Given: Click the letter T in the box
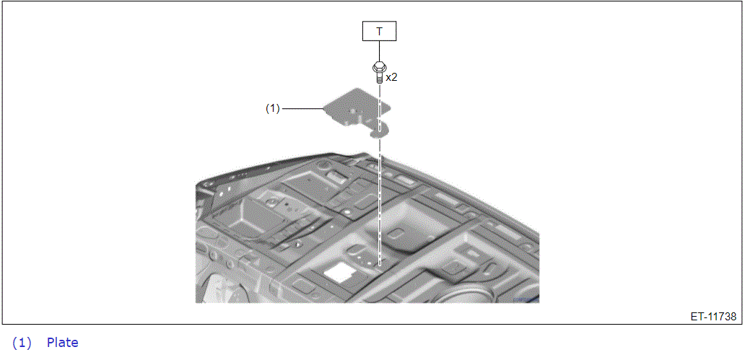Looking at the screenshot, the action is [379, 32].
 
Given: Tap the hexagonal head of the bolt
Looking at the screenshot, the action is [379, 66].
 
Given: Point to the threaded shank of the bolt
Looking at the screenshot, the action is [379, 76].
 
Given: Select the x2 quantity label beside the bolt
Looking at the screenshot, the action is [391, 78].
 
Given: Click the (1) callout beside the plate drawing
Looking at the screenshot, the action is [272, 109].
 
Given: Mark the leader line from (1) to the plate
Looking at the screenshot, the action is [302, 109].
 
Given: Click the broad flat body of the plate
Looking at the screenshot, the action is [354, 107].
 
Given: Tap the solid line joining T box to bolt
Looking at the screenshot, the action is [379, 51].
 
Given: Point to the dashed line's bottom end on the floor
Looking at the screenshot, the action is [379, 265].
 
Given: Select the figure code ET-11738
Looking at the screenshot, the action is [714, 316].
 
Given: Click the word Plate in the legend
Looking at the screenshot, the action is [63, 343].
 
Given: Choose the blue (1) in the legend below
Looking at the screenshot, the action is [22, 343].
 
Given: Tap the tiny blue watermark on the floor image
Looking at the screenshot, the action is [526, 299].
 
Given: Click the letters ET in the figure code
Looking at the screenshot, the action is [697, 316].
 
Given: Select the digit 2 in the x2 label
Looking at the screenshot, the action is [394, 78].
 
